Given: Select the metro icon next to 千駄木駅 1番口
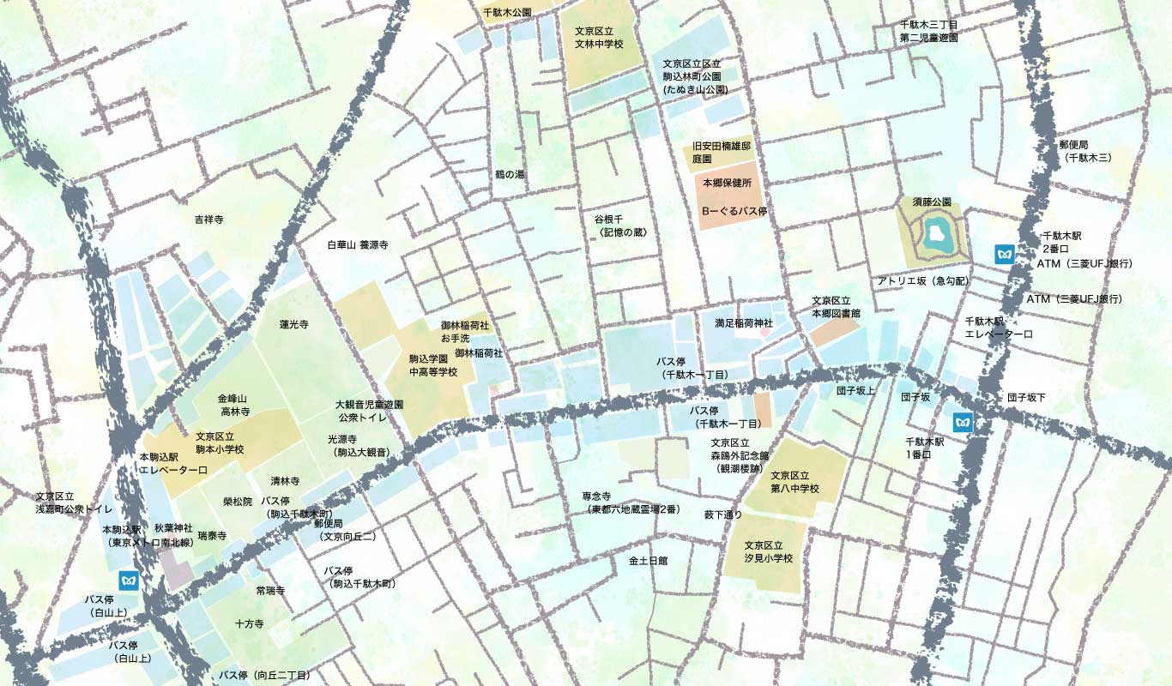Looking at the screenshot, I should [x=964, y=422].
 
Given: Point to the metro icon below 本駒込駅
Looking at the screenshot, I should [x=129, y=580].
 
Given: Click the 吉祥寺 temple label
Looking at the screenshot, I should [x=208, y=220].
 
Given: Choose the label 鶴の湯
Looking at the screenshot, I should [x=509, y=174].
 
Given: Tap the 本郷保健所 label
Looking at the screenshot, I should [x=727, y=184].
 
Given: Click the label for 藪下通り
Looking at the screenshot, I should [x=723, y=514].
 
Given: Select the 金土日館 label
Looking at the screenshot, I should [x=648, y=560].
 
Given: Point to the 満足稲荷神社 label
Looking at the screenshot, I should [x=744, y=323].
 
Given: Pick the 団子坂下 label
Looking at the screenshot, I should [x=1026, y=398].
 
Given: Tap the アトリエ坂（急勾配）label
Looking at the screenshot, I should [x=921, y=281].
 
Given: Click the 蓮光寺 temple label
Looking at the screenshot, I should [x=293, y=324].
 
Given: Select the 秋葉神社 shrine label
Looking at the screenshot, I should [x=173, y=528].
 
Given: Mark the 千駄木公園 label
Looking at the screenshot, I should [x=507, y=13].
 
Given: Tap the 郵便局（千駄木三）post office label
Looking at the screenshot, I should [x=1085, y=151].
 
